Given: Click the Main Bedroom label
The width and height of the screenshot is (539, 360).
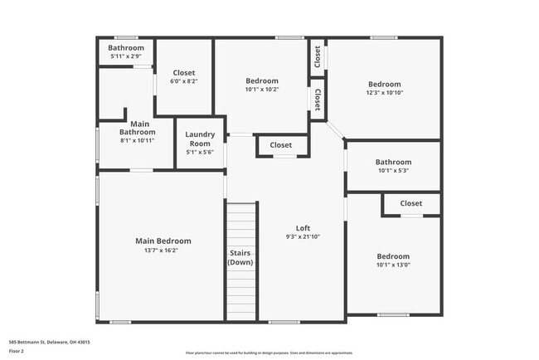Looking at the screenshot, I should (x=163, y=241).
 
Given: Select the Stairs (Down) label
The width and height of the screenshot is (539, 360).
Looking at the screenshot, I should (x=240, y=257).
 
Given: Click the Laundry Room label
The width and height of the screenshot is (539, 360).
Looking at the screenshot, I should (x=200, y=139).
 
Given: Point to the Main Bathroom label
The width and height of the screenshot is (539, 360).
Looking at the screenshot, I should (x=137, y=127).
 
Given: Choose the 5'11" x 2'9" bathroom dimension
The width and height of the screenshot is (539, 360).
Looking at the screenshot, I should (x=126, y=56).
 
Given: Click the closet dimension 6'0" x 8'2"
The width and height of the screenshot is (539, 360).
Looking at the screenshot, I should (x=183, y=82).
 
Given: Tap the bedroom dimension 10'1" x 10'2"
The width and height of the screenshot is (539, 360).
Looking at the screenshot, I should (x=262, y=90).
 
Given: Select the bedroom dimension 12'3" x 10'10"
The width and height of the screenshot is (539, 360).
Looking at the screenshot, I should (x=384, y=93).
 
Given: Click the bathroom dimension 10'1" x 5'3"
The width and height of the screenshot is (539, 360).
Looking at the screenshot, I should (x=392, y=171).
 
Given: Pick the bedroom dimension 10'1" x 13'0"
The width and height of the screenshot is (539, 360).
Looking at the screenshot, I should (x=393, y=265).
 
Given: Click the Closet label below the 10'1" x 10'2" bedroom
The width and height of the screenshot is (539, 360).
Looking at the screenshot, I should (x=281, y=145).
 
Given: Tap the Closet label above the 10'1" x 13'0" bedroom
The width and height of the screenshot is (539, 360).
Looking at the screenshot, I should (x=410, y=203).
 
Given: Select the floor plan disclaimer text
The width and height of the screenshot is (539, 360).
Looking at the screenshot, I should (x=269, y=353).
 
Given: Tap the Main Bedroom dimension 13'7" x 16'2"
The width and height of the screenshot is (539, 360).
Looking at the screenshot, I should (x=163, y=250).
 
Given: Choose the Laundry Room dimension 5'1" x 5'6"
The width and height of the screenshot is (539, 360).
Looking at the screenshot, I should (x=200, y=152).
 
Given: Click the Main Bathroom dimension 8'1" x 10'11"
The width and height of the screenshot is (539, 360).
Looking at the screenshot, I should (x=137, y=140).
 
